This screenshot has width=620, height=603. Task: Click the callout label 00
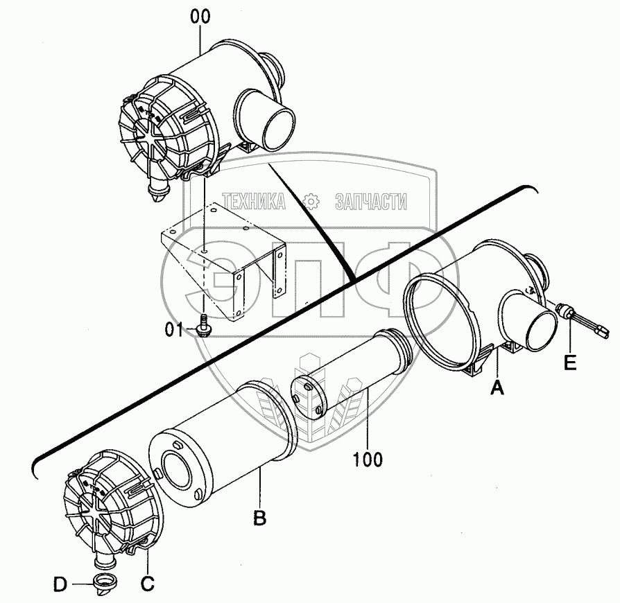tap(200, 18)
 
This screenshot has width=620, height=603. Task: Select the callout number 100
tap(367, 459)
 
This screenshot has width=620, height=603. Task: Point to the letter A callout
tap(497, 389)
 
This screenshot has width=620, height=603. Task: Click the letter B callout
tap(259, 517)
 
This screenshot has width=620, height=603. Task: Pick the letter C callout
tap(147, 584)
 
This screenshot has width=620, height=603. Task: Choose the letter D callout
tap(62, 585)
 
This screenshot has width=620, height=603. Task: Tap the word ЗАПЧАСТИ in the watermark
tap(370, 201)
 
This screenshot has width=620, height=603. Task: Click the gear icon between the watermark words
tap(311, 201)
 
